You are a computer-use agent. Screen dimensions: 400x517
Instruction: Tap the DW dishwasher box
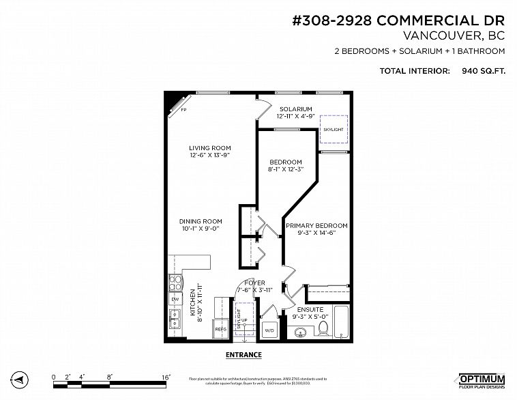click(175, 300)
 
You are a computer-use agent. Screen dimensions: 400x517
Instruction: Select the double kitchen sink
click(175, 319)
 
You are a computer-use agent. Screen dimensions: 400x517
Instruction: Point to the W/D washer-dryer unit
click(269, 329)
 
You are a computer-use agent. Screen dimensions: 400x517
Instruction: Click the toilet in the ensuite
click(325, 330)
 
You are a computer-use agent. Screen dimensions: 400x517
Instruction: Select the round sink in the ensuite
click(300, 332)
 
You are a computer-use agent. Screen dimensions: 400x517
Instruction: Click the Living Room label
click(210, 147)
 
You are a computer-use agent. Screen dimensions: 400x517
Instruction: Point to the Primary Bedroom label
click(316, 226)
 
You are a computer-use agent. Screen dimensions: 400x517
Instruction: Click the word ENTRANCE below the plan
click(243, 355)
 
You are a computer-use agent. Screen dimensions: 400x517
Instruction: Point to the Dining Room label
click(201, 221)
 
